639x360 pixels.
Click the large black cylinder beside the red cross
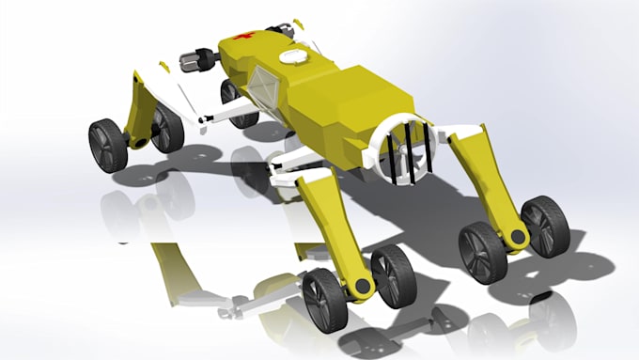(x=198, y=62)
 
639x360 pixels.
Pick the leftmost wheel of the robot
(x=107, y=146)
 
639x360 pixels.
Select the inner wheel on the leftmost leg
(x=167, y=129)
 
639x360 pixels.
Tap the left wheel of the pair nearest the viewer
(x=324, y=300)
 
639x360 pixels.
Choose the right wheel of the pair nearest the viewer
(x=393, y=275)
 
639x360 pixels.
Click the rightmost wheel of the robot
(x=545, y=227)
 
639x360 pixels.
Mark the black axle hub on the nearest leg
(x=359, y=283)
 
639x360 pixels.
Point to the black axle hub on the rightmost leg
(x=517, y=236)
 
